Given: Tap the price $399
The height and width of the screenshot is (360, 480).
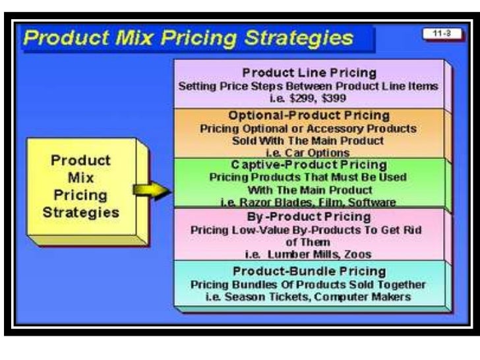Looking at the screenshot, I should click(x=326, y=98).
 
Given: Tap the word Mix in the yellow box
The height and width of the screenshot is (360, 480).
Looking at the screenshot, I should click(x=81, y=178).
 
